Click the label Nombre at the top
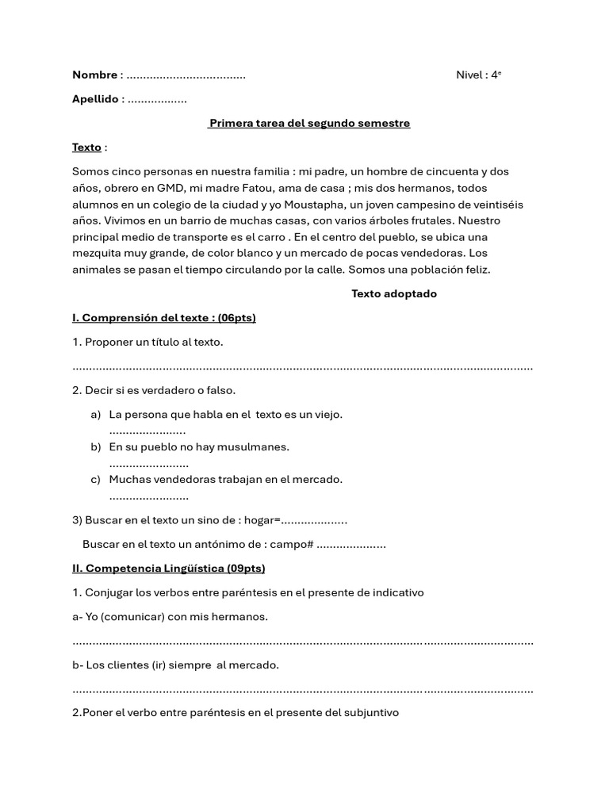pyautogui.click(x=94, y=75)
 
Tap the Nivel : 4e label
pyautogui.click(x=478, y=75)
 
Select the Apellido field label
pyautogui.click(x=96, y=99)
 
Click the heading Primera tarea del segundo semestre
pyautogui.click(x=309, y=123)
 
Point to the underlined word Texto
pyautogui.click(x=86, y=147)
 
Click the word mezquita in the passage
pyautogui.click(x=98, y=254)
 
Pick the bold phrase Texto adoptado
pyautogui.click(x=394, y=293)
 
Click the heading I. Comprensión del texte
pyautogui.click(x=163, y=318)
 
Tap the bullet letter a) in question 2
pyautogui.click(x=96, y=415)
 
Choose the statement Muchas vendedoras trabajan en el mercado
pyautogui.click(x=225, y=480)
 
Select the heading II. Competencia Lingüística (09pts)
pyautogui.click(x=168, y=569)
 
